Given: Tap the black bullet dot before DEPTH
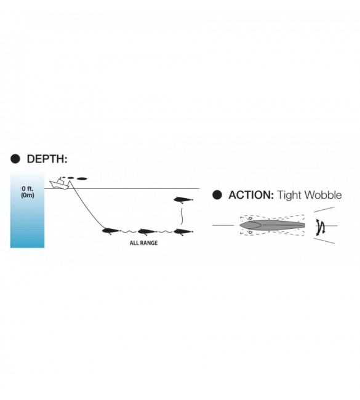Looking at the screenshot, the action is (15, 159).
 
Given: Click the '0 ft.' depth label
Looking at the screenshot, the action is (27, 188).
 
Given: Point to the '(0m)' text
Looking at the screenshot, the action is (27, 195).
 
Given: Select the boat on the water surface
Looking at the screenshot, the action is (60, 183).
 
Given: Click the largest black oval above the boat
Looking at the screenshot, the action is (82, 178).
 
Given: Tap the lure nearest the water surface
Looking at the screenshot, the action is (183, 199).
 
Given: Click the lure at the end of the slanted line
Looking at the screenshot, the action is (111, 231).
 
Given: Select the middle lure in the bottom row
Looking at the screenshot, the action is (147, 231).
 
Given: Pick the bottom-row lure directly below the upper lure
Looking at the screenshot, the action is (183, 231).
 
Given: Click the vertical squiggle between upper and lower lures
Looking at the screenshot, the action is (182, 217).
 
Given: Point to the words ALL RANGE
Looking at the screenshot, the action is (143, 243).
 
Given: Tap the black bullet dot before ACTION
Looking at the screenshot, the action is (217, 195).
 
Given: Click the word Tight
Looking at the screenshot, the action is (290, 196).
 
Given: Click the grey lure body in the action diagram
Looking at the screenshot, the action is (272, 225).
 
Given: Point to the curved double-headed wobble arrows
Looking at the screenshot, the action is (321, 227).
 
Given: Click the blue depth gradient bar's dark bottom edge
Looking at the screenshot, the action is (27, 247).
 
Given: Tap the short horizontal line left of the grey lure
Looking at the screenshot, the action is (223, 225).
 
